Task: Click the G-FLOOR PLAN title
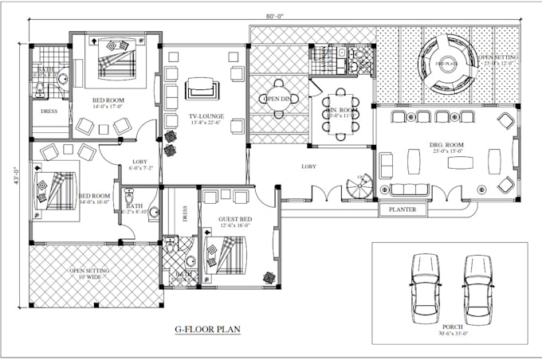tap(207, 328)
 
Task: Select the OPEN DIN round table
tap(279, 99)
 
